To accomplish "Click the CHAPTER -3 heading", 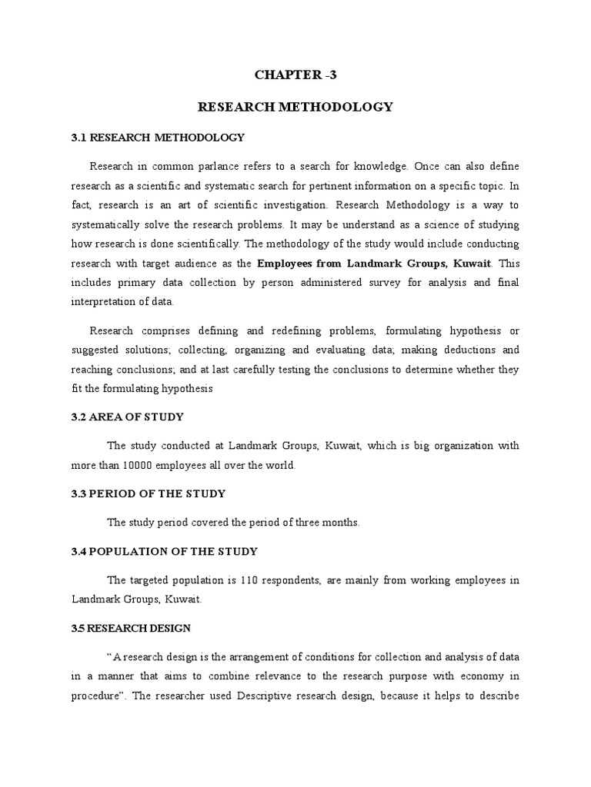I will point(295,75).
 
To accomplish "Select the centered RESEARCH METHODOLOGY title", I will point(295,107).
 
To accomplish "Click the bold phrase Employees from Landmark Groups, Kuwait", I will point(374,264).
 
